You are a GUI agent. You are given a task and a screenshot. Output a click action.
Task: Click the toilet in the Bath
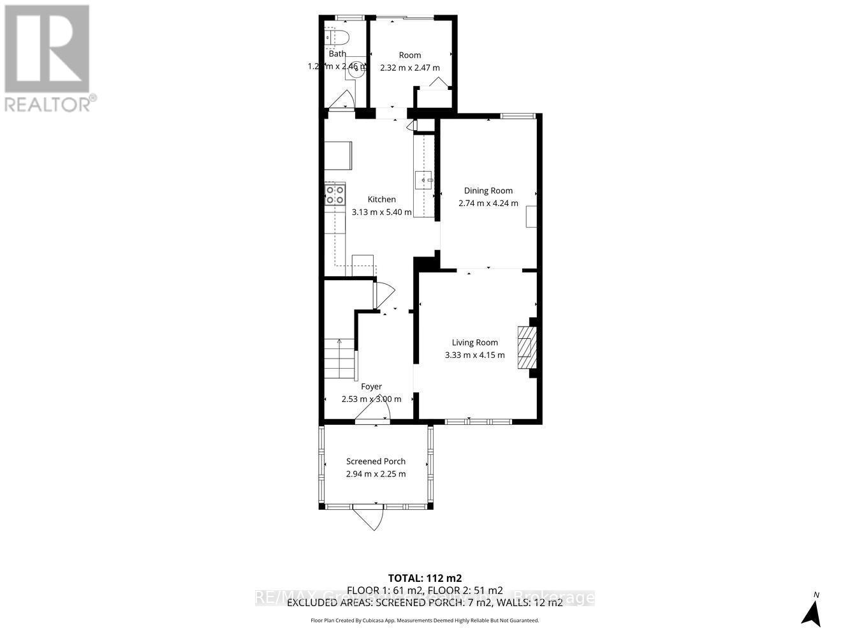(335, 38)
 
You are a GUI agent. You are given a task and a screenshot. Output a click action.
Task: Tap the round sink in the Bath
(356, 72)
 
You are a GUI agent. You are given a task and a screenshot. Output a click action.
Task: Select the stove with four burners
(335, 194)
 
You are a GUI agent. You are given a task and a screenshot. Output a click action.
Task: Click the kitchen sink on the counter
(423, 181)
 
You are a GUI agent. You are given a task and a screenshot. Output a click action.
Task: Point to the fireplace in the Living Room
(527, 348)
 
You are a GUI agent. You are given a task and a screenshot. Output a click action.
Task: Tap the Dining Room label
(488, 191)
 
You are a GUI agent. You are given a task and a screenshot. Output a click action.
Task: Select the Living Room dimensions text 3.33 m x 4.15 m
(474, 355)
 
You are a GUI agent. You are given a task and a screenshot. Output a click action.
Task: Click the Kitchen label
(381, 200)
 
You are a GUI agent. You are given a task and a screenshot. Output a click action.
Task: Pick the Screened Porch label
(376, 461)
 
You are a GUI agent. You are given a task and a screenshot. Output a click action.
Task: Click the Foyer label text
(371, 387)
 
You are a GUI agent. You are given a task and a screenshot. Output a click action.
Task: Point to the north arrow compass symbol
(811, 611)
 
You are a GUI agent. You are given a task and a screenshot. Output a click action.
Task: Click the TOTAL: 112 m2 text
(425, 578)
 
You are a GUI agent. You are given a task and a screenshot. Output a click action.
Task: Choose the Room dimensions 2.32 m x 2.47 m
(409, 68)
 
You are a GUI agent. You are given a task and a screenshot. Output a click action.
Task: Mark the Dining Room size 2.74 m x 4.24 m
(488, 204)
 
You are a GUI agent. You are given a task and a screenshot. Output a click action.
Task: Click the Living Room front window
(478, 421)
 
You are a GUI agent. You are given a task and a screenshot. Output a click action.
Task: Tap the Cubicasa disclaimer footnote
(425, 620)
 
